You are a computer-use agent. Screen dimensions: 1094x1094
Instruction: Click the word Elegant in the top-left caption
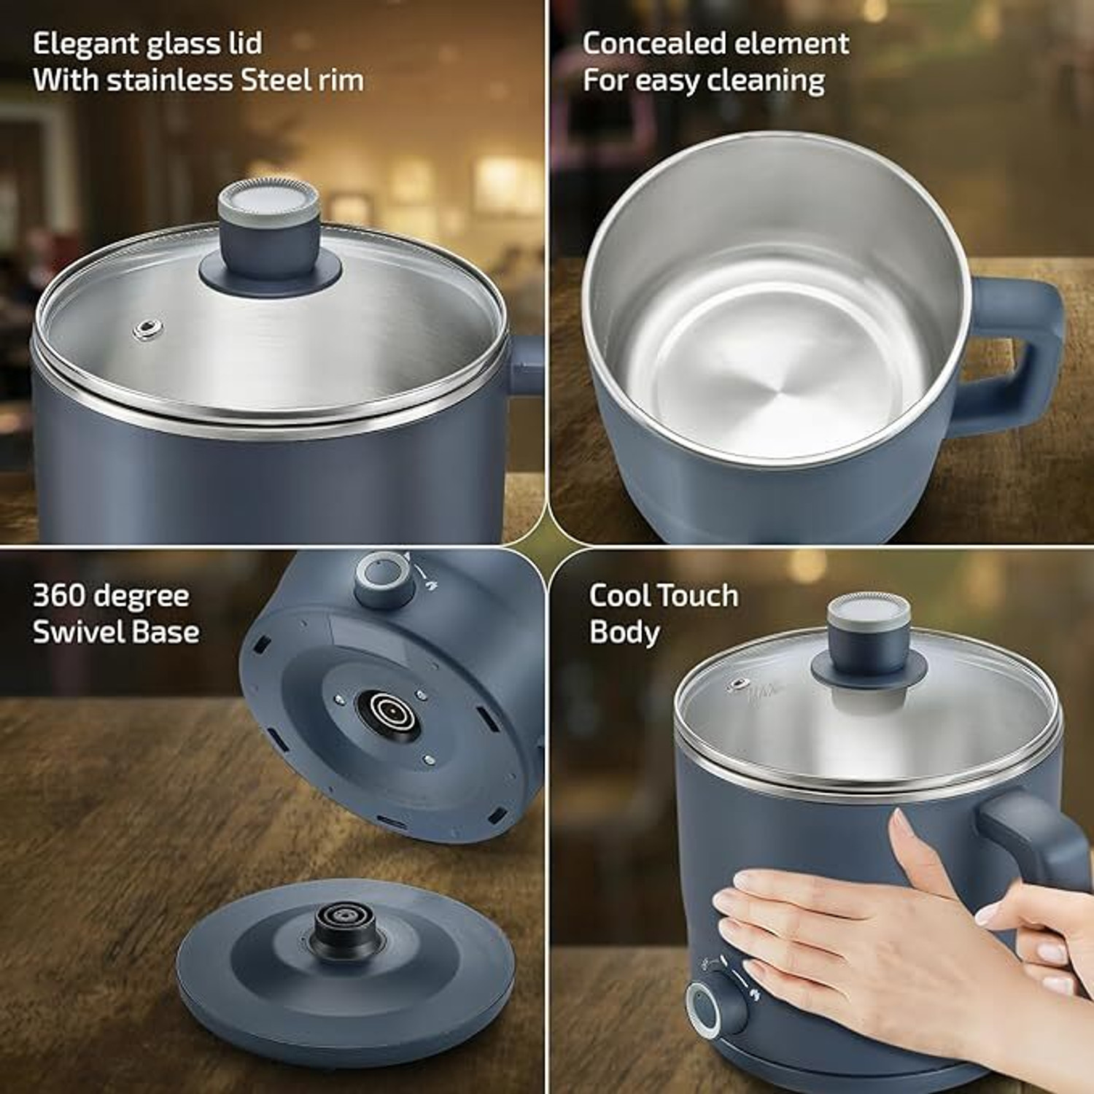pyautogui.click(x=86, y=44)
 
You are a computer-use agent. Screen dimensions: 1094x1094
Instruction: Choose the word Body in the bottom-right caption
pyautogui.click(x=624, y=632)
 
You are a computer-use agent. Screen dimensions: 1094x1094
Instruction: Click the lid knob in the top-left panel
pyautogui.click(x=270, y=233)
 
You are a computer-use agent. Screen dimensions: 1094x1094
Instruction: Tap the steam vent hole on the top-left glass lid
pyautogui.click(x=147, y=328)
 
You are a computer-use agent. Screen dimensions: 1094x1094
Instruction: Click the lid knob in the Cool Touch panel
pyautogui.click(x=869, y=642)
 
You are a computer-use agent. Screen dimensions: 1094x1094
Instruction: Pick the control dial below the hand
pyautogui.click(x=716, y=1008)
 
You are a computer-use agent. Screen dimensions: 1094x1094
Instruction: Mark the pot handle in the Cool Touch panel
pyautogui.click(x=1036, y=839)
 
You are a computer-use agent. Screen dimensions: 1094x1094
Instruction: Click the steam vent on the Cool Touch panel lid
pyautogui.click(x=739, y=684)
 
